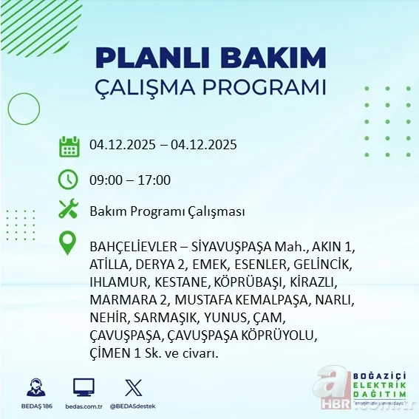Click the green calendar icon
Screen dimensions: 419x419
click(69, 146)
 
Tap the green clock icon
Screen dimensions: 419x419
click(69, 180)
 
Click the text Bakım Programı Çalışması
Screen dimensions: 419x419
click(167, 212)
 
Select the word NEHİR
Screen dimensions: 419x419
click(108, 318)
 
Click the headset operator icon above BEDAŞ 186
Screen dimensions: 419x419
click(36, 387)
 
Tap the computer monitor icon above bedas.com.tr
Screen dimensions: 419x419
click(84, 387)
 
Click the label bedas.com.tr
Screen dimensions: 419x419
click(84, 406)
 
